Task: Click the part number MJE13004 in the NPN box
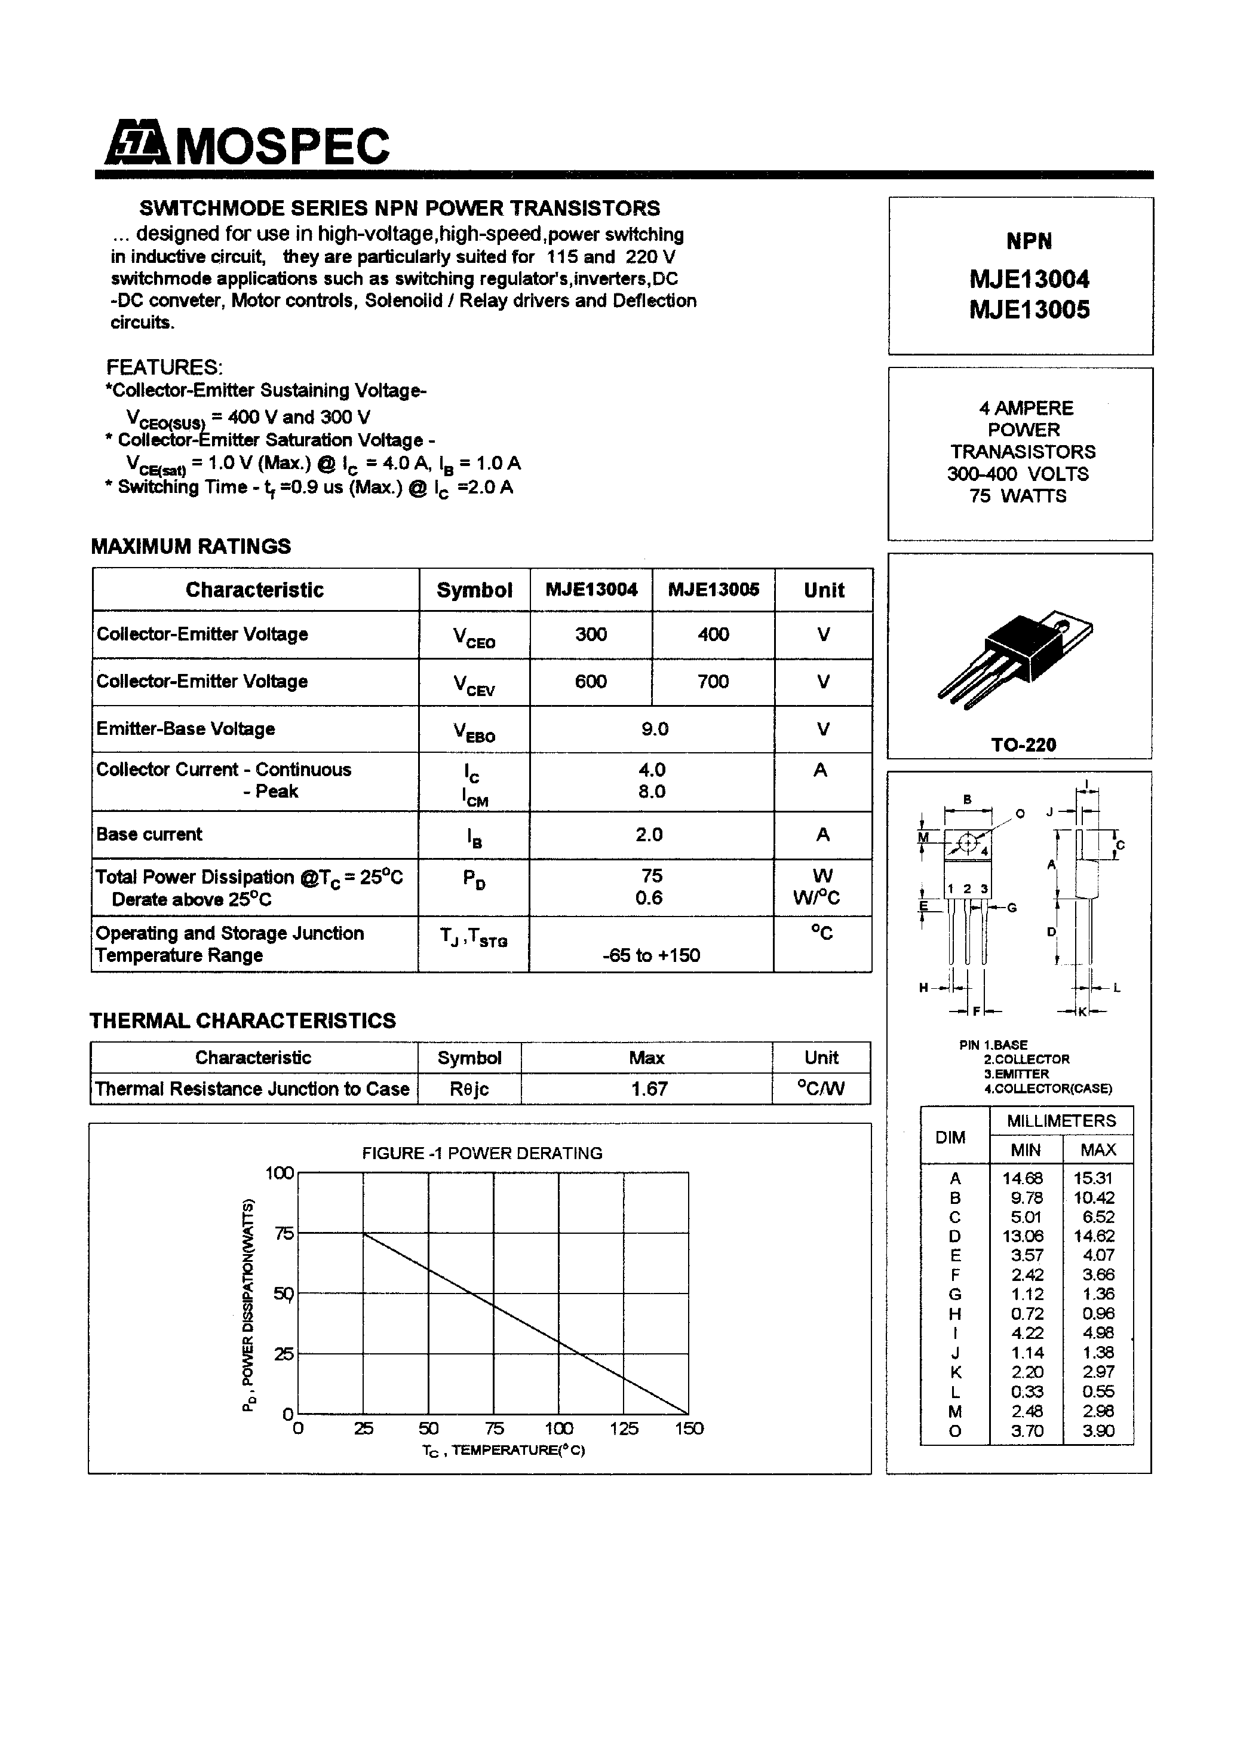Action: click(x=1029, y=279)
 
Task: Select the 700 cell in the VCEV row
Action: click(x=713, y=682)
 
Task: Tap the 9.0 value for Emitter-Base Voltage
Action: click(x=654, y=729)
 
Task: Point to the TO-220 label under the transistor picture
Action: click(x=1023, y=745)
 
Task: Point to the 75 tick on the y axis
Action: click(x=284, y=1233)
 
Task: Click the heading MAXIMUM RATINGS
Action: click(x=191, y=546)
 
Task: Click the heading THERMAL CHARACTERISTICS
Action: click(x=242, y=1021)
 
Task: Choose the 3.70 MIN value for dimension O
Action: click(x=1026, y=1431)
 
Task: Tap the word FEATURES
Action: click(x=164, y=367)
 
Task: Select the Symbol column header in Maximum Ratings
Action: click(x=474, y=590)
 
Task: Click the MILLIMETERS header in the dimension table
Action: click(x=1061, y=1121)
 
